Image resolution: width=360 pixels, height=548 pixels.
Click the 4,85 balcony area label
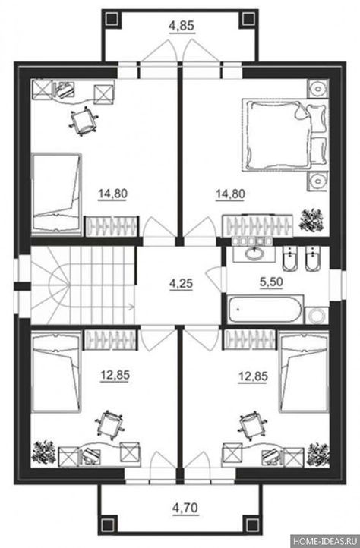(x=182, y=26)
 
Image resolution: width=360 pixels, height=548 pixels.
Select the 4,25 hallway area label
(x=181, y=284)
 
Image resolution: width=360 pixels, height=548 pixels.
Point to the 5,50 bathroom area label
(x=271, y=282)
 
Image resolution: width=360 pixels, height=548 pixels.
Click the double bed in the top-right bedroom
(x=285, y=135)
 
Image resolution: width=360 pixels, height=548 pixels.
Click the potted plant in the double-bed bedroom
(x=312, y=220)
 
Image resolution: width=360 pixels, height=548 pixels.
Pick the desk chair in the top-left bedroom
(x=84, y=122)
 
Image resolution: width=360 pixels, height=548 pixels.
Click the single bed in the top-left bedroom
(x=56, y=193)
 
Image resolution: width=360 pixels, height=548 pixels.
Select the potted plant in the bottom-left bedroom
(x=44, y=452)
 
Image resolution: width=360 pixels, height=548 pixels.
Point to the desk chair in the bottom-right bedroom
(x=252, y=425)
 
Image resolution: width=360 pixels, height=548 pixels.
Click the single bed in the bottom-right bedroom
(x=305, y=372)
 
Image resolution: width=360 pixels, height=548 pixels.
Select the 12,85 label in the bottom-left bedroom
(x=115, y=376)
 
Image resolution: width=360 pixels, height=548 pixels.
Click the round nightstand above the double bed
(x=318, y=88)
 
